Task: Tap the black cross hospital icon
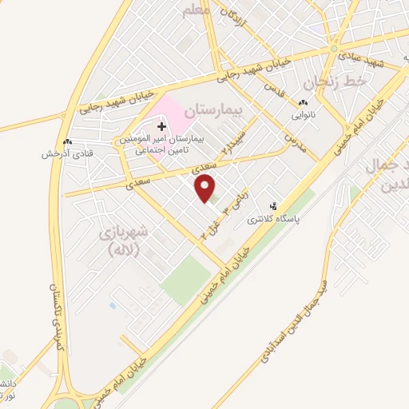pyautogui.click(x=162, y=126)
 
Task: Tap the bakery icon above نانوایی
pyautogui.click(x=302, y=103)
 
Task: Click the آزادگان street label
pyautogui.click(x=235, y=16)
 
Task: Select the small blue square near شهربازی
pyautogui.click(x=112, y=305)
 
